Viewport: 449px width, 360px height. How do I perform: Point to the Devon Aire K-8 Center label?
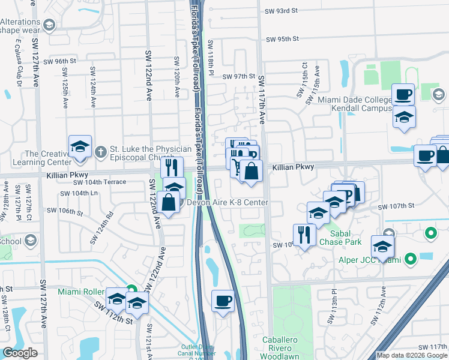coord(228,203)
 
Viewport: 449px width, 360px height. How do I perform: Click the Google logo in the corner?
coord(20,353)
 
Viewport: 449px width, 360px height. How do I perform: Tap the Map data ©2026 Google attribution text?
coord(412,355)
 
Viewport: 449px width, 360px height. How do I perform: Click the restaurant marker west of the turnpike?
coord(172,167)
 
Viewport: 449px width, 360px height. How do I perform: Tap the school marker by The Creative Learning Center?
coord(80,147)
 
